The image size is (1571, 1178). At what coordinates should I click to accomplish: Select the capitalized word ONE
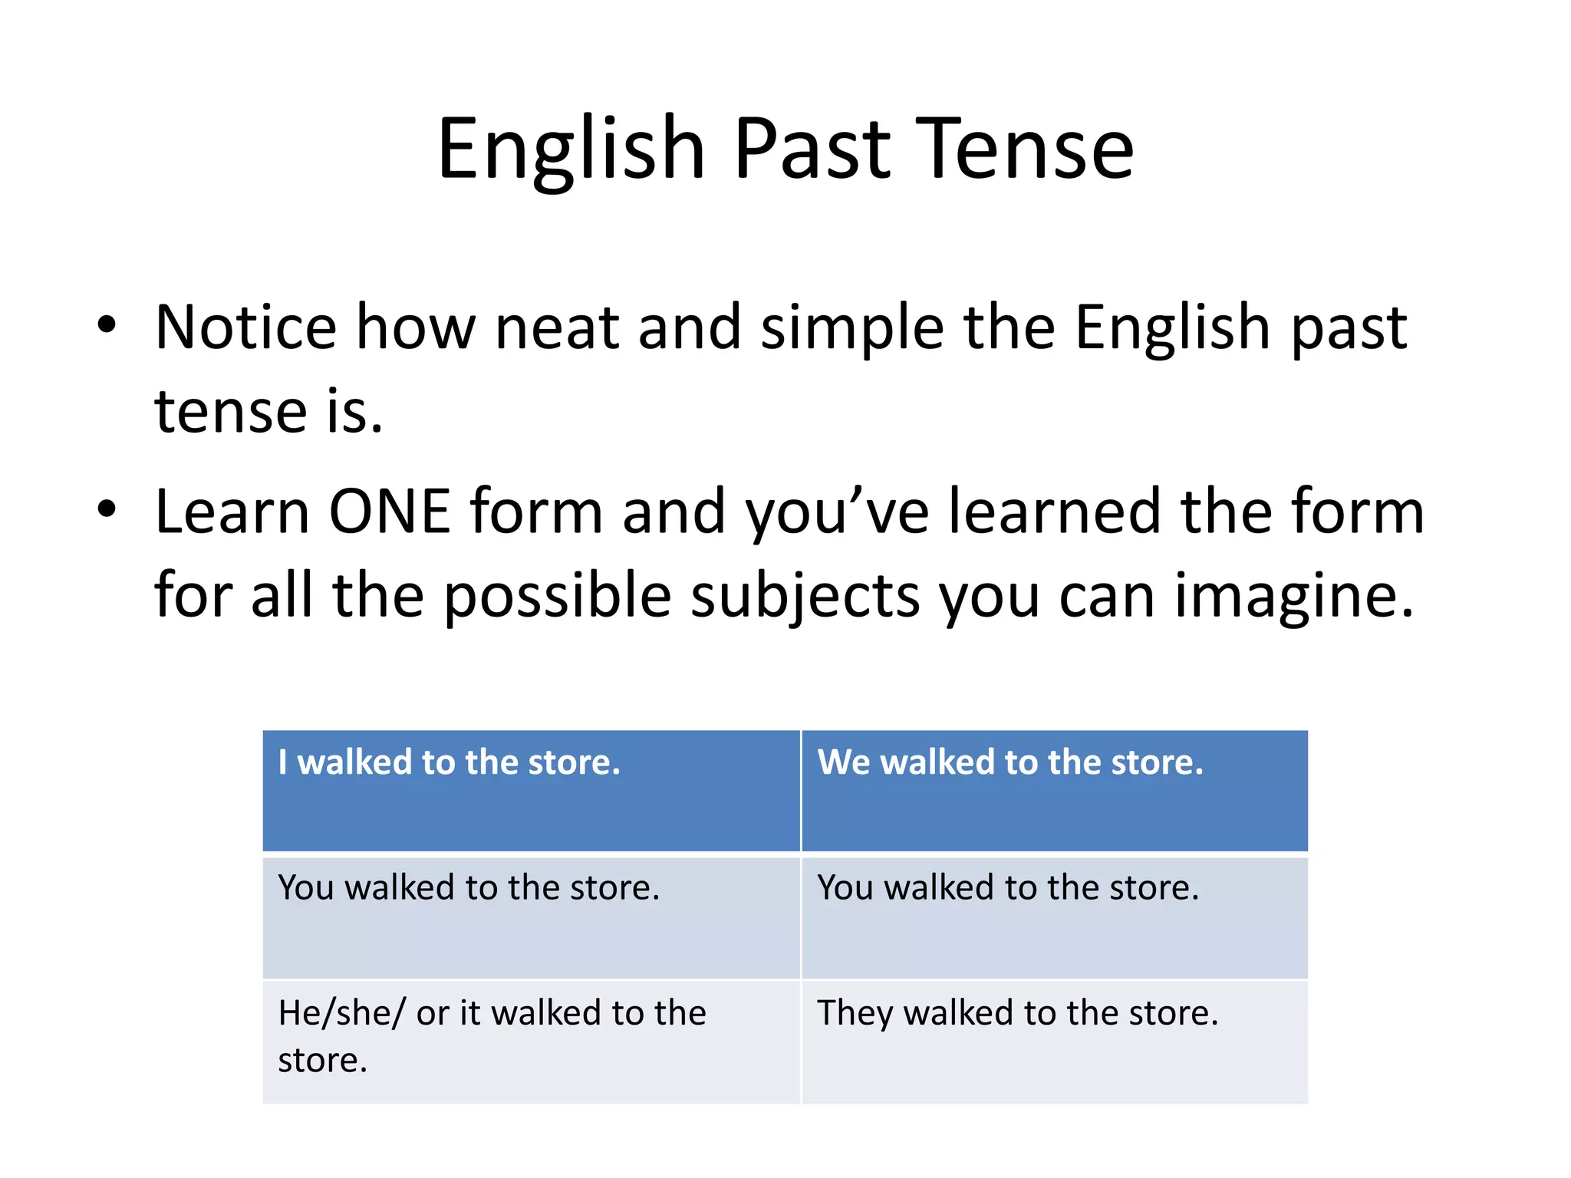389,512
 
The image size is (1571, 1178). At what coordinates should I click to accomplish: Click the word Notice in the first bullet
245,327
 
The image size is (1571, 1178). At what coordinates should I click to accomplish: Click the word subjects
805,597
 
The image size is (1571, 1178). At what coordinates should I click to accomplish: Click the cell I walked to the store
531,790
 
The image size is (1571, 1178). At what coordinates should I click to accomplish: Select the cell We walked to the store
1054,790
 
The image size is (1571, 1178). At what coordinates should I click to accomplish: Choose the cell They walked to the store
1054,1041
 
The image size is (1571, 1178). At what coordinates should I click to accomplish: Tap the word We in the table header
843,762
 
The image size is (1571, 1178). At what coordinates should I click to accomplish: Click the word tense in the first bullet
230,413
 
